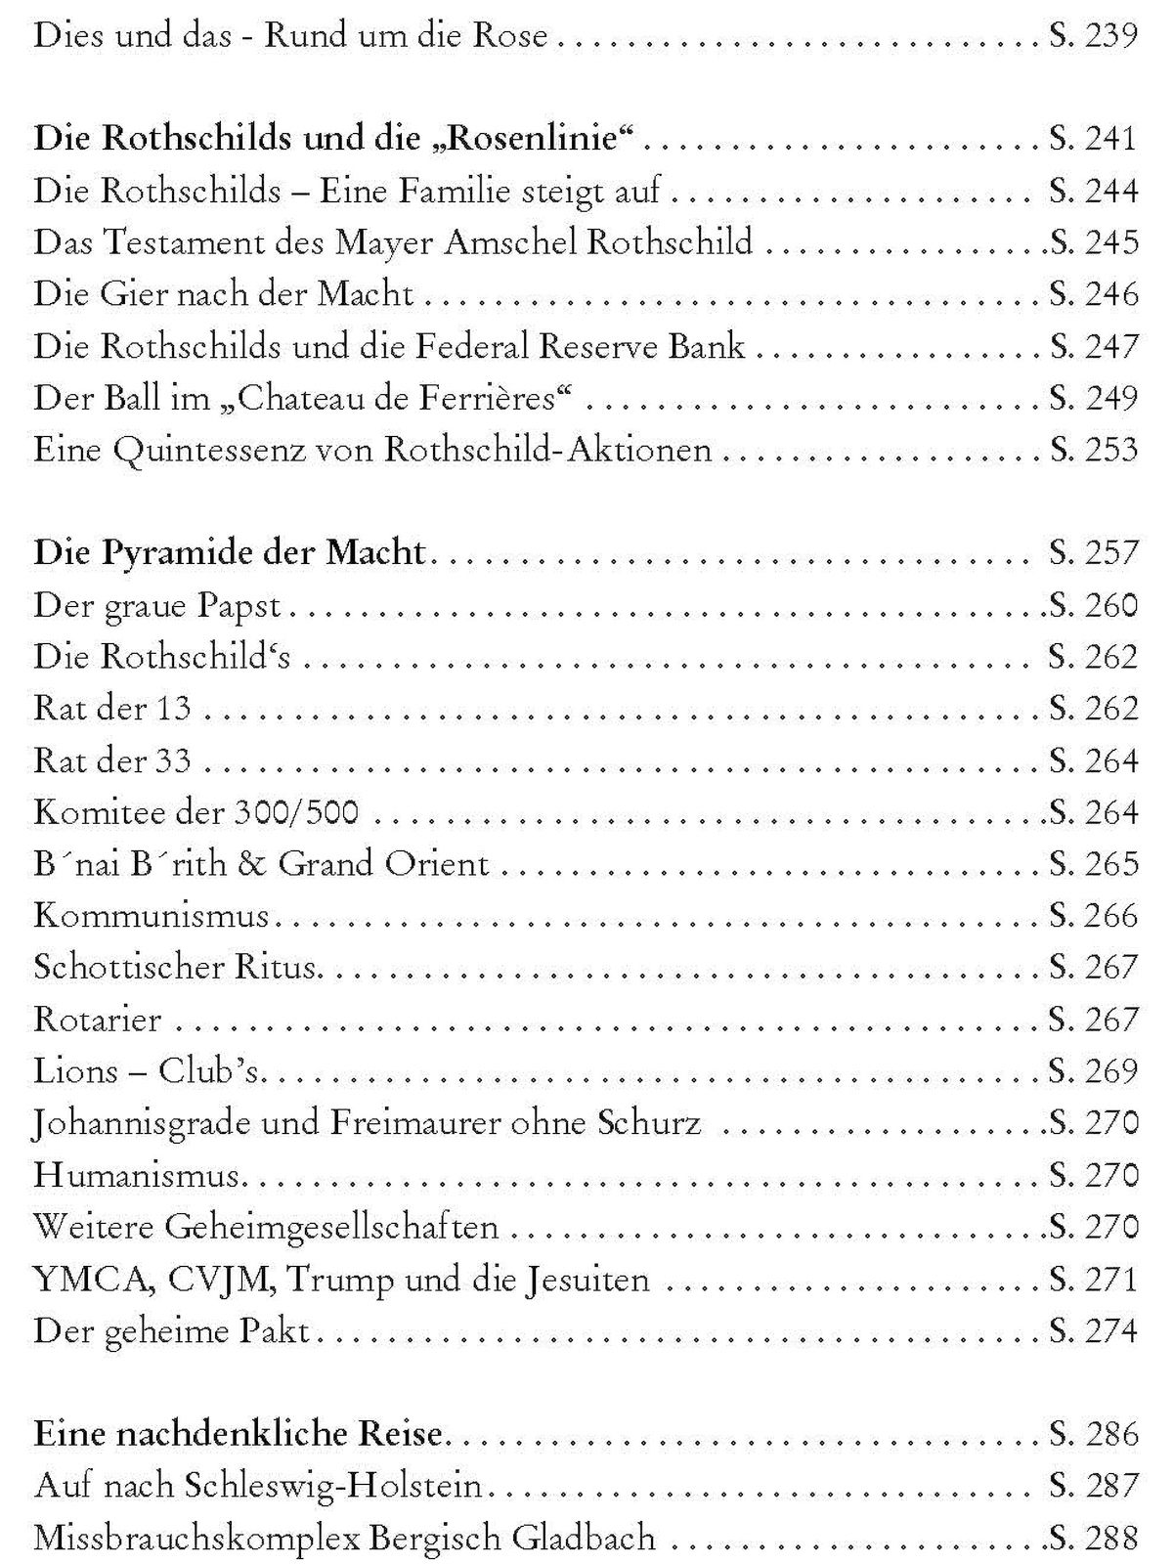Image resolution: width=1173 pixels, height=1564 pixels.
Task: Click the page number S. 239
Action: [x=1094, y=36]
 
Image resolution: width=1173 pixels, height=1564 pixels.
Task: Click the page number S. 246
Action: [x=1094, y=293]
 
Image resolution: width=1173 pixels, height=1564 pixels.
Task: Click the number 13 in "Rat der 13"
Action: [x=172, y=709]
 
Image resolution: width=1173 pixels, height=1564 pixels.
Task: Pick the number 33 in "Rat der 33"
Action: [x=172, y=760]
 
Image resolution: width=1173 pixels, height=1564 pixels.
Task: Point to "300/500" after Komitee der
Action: [x=296, y=812]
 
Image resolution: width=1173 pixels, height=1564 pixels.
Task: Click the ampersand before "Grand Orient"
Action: [x=251, y=864]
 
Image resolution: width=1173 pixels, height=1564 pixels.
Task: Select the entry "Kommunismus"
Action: [x=152, y=916]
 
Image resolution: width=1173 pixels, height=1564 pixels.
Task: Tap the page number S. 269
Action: [x=1094, y=1071]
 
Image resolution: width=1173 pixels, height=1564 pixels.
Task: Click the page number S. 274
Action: [x=1094, y=1330]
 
